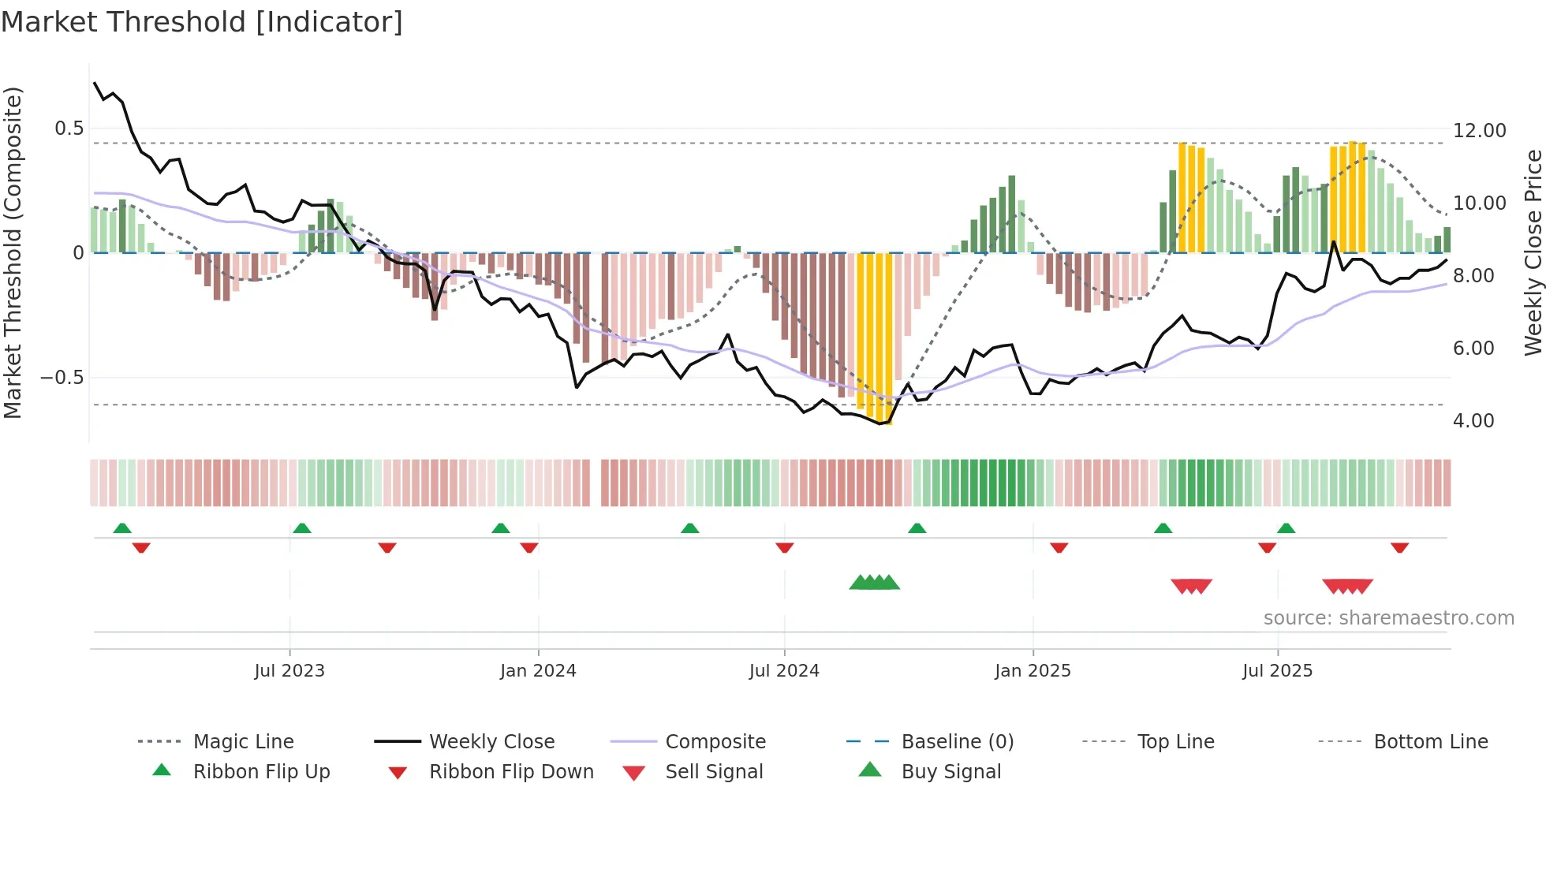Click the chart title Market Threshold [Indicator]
click(x=202, y=22)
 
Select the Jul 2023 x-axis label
click(x=289, y=671)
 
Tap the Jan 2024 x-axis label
click(x=538, y=671)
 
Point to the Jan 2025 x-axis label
click(x=1033, y=671)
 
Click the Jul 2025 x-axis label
click(x=1277, y=671)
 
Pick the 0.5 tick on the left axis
click(x=69, y=129)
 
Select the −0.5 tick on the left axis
click(x=62, y=378)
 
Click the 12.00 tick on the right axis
click(x=1479, y=131)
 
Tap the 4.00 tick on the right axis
click(x=1473, y=421)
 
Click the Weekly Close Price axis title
click(x=1533, y=252)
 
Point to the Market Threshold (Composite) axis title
click(x=13, y=252)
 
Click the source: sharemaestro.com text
click(x=1388, y=618)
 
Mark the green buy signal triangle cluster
click(x=874, y=583)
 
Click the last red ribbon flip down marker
click(x=1399, y=547)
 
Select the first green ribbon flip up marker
click(x=122, y=528)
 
